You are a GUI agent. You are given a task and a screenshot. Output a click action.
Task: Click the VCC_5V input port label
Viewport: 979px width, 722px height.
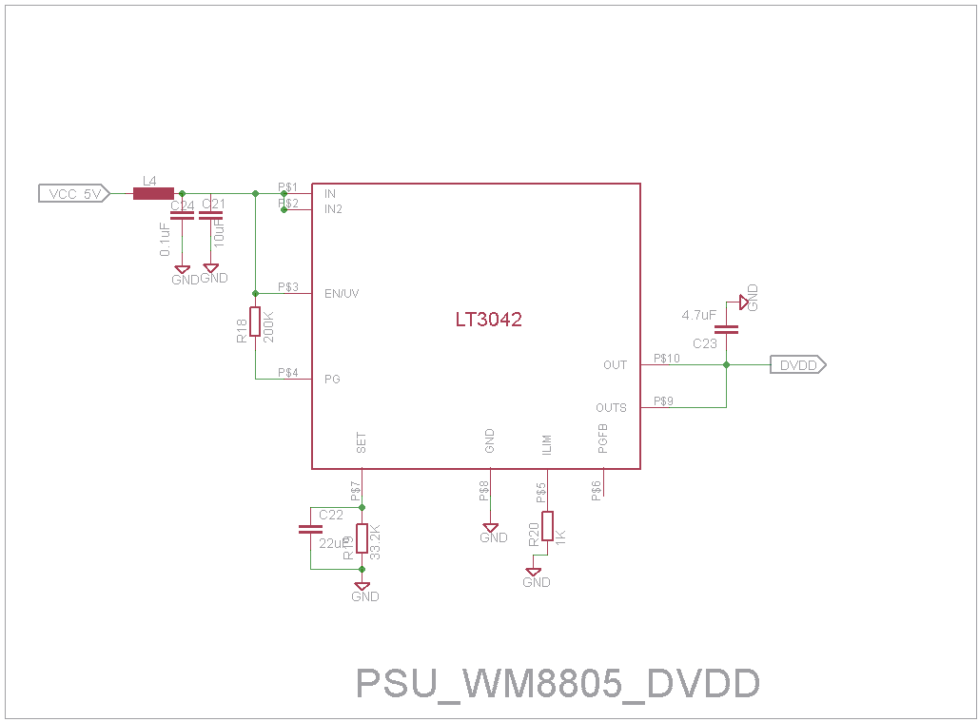[x=75, y=194]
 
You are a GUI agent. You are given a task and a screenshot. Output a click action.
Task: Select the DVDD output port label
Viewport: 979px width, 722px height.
[x=798, y=364]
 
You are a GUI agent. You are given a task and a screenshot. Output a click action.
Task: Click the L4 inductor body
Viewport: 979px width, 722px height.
[x=152, y=194]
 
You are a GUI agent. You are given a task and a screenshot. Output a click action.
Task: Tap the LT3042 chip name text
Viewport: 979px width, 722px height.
[x=488, y=321]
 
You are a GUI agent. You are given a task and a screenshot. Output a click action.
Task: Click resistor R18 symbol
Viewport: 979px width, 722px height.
[x=255, y=322]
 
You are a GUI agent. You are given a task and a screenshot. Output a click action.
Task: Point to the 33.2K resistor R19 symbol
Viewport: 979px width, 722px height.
[x=362, y=537]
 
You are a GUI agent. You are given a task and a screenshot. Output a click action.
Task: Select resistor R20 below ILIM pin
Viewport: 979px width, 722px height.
[x=547, y=528]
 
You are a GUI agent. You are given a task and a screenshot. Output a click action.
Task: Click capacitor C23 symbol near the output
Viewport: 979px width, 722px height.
[x=727, y=329]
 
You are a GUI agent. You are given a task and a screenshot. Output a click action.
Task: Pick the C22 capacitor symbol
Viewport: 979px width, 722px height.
[x=310, y=529]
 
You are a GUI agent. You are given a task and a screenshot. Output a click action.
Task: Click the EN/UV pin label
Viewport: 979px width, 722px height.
[x=342, y=294]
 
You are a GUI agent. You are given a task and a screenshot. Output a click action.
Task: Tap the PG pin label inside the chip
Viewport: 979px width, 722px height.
[x=332, y=379]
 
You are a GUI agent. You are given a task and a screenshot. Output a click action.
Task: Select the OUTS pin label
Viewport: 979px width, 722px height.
[x=611, y=408]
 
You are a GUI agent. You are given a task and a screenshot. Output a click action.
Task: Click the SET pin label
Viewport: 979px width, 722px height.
[x=362, y=442]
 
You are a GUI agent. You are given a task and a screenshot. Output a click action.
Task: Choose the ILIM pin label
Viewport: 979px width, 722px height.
[x=547, y=443]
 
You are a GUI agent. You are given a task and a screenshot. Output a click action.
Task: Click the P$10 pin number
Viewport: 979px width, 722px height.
[x=666, y=359]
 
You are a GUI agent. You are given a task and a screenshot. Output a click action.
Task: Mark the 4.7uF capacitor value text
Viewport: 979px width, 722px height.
[x=698, y=315]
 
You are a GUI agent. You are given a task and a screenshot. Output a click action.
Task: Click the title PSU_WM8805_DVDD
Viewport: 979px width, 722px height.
[x=558, y=684]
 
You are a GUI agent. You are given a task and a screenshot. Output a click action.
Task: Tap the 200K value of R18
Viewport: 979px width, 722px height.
[x=268, y=326]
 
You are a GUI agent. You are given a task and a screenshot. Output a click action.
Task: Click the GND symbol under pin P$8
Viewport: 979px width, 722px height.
[x=492, y=529]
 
